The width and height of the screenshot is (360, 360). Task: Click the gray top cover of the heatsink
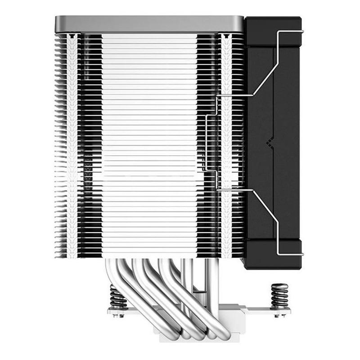(x=148, y=23)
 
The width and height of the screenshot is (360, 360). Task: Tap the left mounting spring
(x=118, y=298)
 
